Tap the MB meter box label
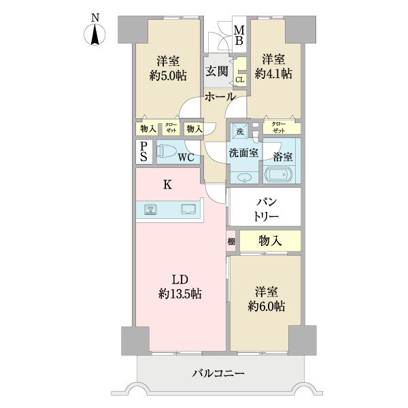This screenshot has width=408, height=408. [x=239, y=35]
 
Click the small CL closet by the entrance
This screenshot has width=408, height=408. [x=239, y=80]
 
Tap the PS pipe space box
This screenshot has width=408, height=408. [x=144, y=152]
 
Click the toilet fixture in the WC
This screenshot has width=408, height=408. [x=167, y=152]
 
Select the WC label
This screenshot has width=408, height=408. [x=187, y=158]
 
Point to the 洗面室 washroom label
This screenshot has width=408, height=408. [x=243, y=154]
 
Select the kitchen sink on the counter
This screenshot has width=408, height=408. [x=188, y=210]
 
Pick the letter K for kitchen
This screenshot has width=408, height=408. [x=167, y=183]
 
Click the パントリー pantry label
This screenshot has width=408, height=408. [x=265, y=208]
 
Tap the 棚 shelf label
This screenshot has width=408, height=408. [x=231, y=241]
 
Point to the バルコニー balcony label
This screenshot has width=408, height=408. [x=218, y=373]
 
